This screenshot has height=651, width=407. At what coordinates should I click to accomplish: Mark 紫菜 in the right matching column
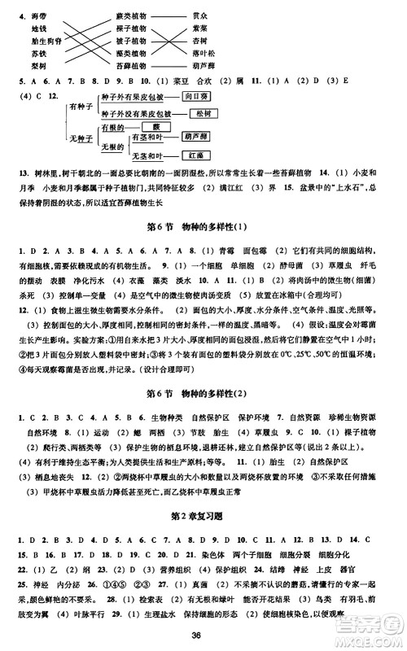coord(203,27)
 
